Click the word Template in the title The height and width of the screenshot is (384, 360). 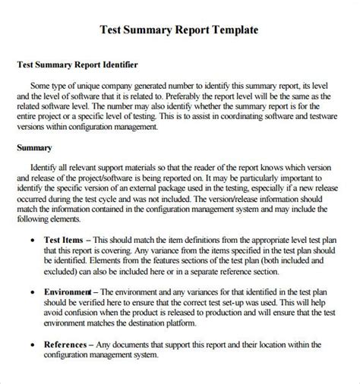click(x=232, y=30)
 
